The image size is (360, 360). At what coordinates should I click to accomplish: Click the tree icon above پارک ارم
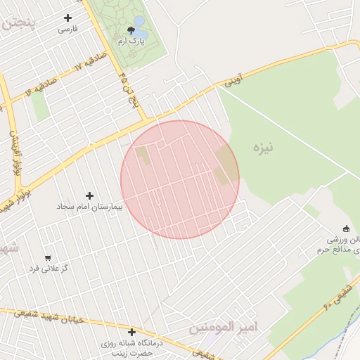131,30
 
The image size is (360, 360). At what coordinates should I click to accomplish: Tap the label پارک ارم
131,42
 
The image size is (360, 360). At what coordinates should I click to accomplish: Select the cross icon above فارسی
67,18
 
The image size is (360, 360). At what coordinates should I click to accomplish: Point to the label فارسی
67,30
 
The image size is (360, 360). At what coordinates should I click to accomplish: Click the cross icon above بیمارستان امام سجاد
89,195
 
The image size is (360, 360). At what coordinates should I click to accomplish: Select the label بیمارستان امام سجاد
89,207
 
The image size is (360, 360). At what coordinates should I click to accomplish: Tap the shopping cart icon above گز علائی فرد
48,257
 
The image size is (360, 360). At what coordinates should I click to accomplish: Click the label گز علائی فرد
47,269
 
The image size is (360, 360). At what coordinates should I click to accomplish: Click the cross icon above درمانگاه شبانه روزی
131,332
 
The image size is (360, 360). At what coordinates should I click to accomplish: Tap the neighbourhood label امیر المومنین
224,328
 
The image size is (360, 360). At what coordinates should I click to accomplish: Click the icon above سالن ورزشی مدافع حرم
345,228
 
